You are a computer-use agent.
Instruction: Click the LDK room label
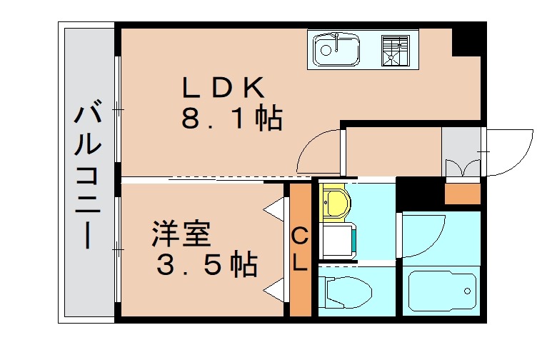pyautogui.click(x=224, y=89)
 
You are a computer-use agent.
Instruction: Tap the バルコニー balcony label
pyautogui.click(x=87, y=176)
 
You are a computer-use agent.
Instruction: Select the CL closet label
pyautogui.click(x=301, y=249)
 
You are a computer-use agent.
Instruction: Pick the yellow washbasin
pyautogui.click(x=333, y=201)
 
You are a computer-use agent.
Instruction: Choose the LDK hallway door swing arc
pyautogui.click(x=318, y=151)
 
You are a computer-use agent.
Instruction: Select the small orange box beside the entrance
pyautogui.click(x=463, y=193)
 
